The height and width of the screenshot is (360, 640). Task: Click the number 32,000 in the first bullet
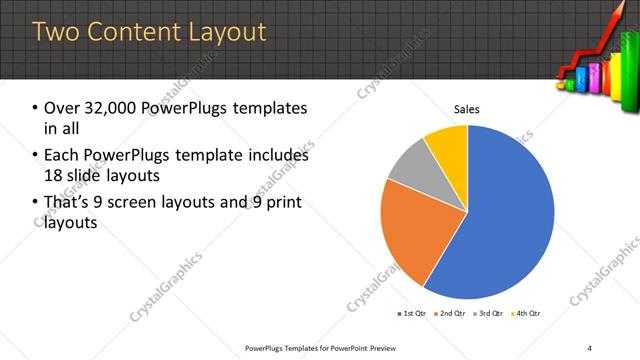(109, 108)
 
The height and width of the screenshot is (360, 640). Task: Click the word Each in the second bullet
(61, 156)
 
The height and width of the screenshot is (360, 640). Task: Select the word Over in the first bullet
(61, 108)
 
